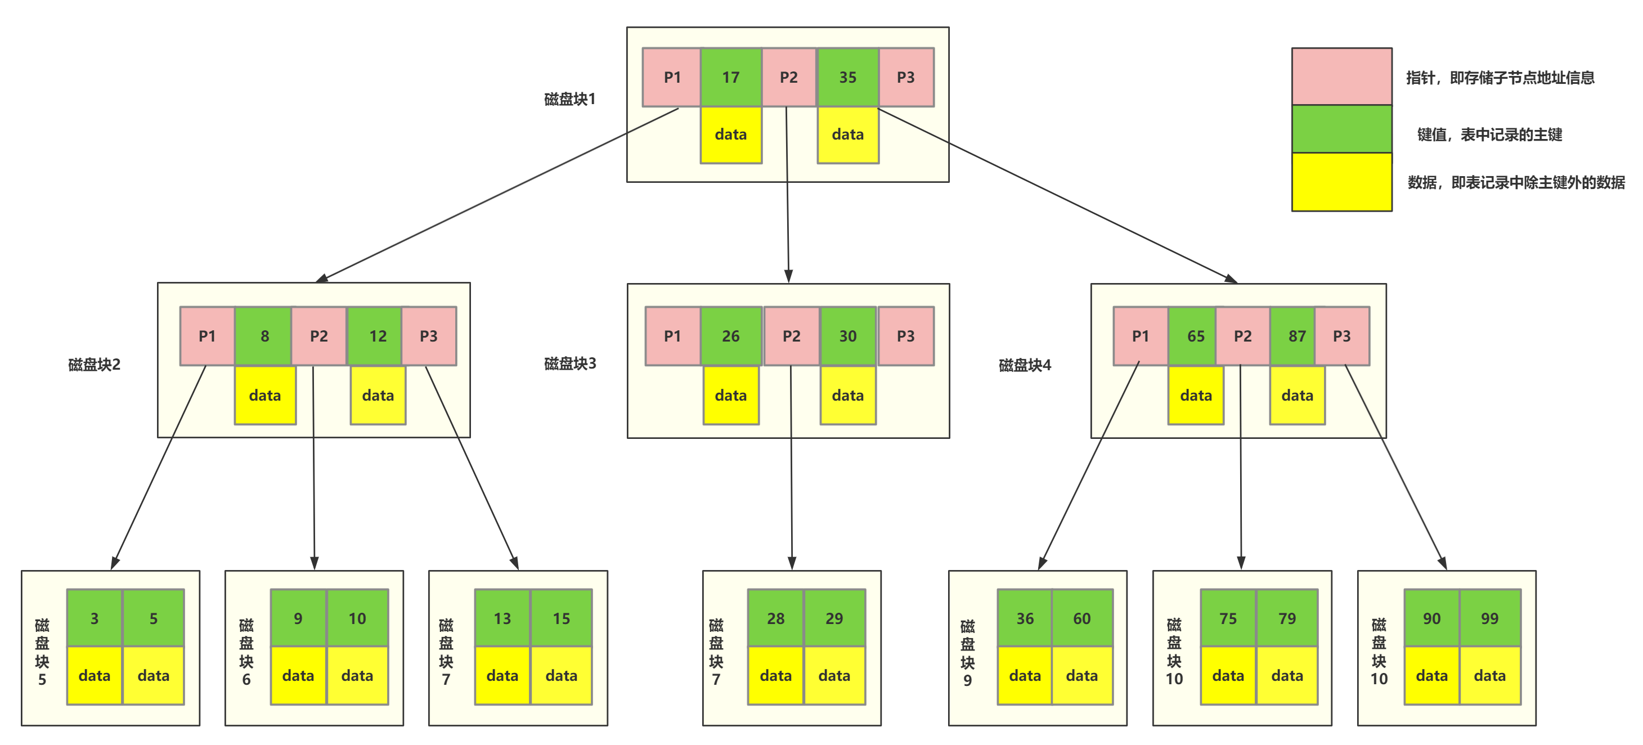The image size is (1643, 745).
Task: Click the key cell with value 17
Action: [x=730, y=77]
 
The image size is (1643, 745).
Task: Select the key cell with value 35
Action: [x=847, y=77]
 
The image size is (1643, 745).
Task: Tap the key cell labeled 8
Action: [x=264, y=336]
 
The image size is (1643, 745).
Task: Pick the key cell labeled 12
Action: [x=378, y=336]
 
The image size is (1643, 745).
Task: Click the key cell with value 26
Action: [x=730, y=336]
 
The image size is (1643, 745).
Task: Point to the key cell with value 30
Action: [x=847, y=336]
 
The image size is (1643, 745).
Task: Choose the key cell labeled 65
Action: [x=1195, y=336]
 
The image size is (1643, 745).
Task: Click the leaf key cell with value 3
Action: [x=95, y=618]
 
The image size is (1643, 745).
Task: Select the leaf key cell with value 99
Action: [x=1489, y=618]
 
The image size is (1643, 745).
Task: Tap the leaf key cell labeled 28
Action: [x=775, y=618]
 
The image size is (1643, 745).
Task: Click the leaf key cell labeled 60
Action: [x=1081, y=618]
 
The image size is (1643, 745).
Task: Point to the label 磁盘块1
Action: [x=569, y=100]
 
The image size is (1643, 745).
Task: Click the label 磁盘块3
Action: [x=569, y=363]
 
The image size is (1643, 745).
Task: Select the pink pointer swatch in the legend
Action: [x=1341, y=77]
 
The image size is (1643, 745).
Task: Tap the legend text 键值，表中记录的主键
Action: [x=1489, y=134]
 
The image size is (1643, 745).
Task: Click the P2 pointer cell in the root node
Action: [x=789, y=77]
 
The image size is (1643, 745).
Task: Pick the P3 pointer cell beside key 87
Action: [x=1341, y=336]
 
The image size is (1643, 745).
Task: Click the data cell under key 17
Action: [x=730, y=134]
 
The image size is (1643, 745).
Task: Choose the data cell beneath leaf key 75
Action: [x=1228, y=675]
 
